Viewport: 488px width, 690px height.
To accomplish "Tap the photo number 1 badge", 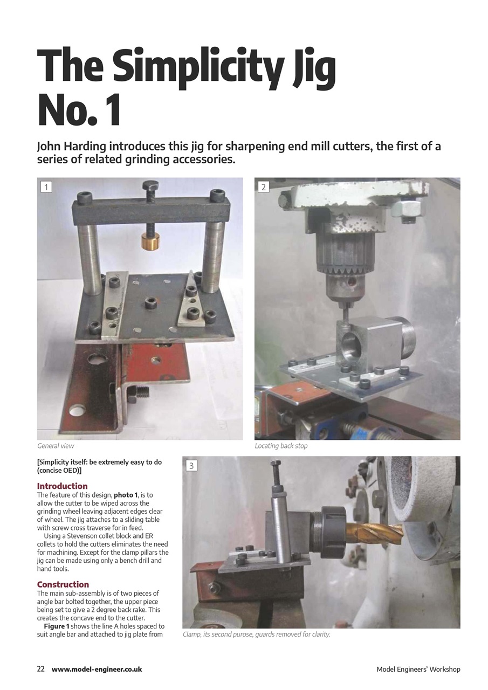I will tap(47, 187).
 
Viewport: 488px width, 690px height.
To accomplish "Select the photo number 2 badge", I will tap(264, 187).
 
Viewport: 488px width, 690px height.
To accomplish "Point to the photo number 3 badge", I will tap(191, 465).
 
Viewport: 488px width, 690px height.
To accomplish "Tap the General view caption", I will tap(56, 446).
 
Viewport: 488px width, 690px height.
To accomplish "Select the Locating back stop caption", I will tap(281, 446).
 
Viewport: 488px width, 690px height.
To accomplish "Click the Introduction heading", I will tap(62, 486).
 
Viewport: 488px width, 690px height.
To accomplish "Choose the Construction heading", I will tap(63, 584).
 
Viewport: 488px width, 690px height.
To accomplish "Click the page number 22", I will tap(41, 669).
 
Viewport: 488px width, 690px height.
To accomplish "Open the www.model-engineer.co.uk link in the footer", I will tap(97, 669).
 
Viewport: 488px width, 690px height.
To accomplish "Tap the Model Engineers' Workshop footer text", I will tap(418, 670).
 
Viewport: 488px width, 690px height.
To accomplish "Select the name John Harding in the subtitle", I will tap(72, 147).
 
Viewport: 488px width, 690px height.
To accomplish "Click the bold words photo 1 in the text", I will tap(126, 495).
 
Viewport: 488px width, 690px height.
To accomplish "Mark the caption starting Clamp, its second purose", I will tap(256, 634).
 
